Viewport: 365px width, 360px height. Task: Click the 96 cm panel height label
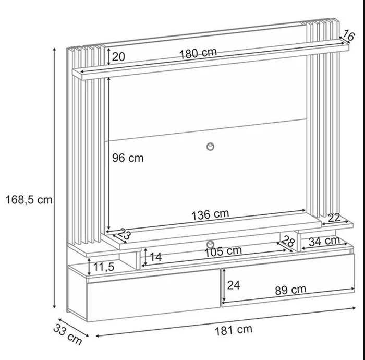[128, 158]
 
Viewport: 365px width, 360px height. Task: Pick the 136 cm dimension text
[210, 214]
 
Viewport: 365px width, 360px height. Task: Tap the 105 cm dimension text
[223, 250]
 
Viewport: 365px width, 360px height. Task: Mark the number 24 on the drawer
[234, 285]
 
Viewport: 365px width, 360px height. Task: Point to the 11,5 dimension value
[104, 268]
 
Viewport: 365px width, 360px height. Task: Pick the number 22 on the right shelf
[334, 219]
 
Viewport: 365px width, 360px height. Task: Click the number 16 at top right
[349, 37]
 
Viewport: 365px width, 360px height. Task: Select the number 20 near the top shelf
[118, 56]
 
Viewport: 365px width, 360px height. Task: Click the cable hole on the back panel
[211, 146]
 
